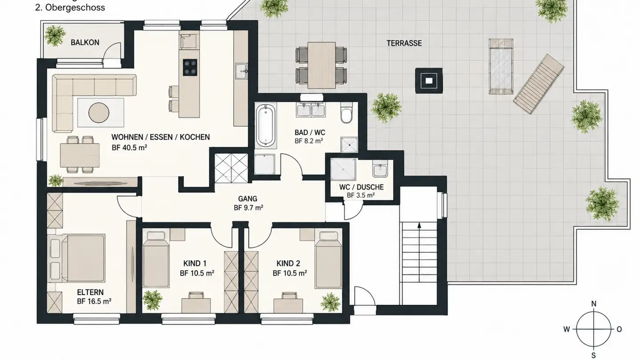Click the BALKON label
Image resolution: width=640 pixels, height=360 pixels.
coord(85,43)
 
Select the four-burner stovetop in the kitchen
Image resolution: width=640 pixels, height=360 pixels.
coord(190,68)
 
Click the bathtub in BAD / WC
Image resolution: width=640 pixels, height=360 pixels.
coord(266,126)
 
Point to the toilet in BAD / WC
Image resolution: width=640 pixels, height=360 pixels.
coord(347,113)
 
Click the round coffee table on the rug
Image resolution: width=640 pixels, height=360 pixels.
coord(99,113)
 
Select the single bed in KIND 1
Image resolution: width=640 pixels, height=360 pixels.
coord(156,260)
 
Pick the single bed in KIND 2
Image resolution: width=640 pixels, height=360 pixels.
coord(328,260)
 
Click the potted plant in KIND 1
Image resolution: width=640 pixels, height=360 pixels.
coord(152,300)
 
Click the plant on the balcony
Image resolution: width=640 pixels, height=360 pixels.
coord(54,36)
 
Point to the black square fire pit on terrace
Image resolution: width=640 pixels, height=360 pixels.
coord(429,80)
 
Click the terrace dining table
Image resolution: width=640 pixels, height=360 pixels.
coord(321,65)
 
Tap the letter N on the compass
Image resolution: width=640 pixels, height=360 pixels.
coord(594,304)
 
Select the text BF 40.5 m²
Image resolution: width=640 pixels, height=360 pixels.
coord(129,148)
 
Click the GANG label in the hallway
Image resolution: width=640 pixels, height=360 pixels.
coord(248,199)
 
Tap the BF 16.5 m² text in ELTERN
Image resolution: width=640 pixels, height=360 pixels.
coord(94,301)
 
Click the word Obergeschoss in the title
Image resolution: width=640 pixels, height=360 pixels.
coord(75,8)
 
